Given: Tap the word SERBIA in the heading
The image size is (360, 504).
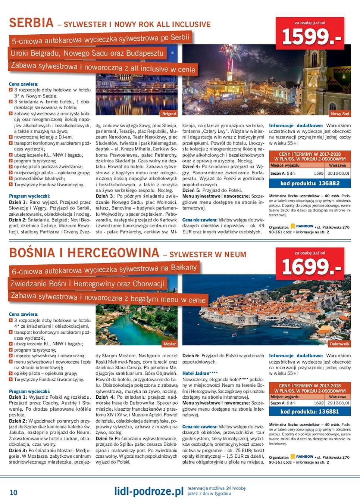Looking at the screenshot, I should (31, 23).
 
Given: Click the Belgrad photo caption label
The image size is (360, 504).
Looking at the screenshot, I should (169, 113).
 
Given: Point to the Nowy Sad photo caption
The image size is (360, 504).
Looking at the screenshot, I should (339, 113).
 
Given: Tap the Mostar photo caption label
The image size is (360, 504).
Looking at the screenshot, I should (170, 343).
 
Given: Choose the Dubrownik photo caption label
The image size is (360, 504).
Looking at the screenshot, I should (339, 343).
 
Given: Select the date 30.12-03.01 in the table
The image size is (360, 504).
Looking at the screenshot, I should (338, 173).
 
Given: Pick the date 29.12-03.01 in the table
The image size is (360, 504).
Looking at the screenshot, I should (338, 403).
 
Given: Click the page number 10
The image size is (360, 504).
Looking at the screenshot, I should (13, 492).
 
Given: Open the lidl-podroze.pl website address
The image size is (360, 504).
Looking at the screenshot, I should (149, 491).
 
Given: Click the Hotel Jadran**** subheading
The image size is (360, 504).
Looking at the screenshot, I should (200, 373).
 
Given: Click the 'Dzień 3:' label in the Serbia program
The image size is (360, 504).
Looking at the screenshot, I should (104, 196).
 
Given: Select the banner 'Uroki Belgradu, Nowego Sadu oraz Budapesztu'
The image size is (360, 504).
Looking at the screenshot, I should (87, 53).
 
